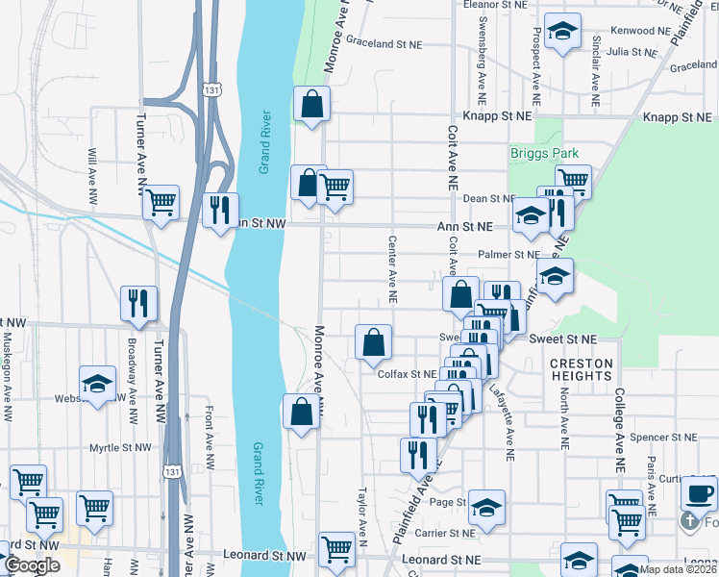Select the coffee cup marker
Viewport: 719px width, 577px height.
tap(699, 494)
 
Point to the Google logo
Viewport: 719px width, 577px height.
tap(32, 565)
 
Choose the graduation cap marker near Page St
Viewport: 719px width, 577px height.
tap(487, 506)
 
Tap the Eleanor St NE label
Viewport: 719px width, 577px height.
tap(496, 5)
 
